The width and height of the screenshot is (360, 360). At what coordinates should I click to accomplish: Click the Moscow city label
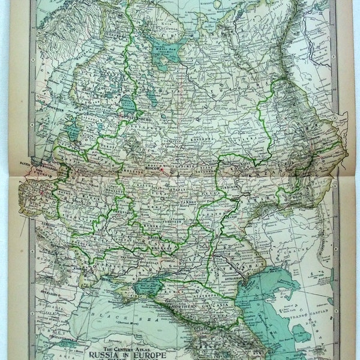tap(154, 170)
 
